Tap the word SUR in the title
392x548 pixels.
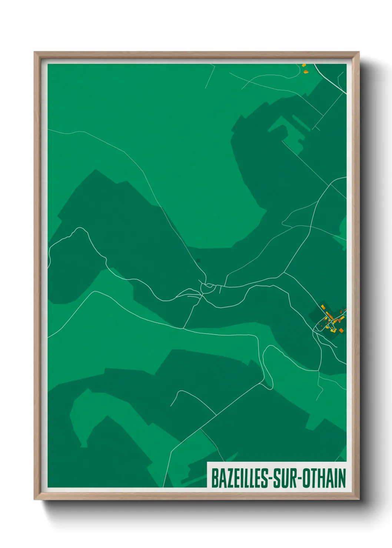[288, 478]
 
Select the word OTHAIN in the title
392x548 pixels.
[324, 478]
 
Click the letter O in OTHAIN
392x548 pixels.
[307, 478]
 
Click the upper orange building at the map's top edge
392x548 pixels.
[304, 66]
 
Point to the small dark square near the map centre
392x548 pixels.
[198, 260]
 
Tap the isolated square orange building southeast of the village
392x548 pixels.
[341, 330]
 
